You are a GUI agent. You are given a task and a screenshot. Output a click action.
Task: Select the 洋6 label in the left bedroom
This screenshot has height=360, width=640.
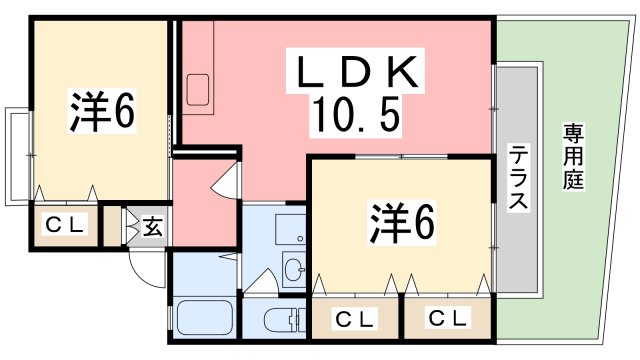pyautogui.click(x=101, y=112)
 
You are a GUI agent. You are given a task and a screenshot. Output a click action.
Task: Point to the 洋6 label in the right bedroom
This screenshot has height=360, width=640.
pyautogui.click(x=403, y=222)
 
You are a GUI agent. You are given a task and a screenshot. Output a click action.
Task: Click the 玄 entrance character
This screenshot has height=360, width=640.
pyautogui.click(x=152, y=227)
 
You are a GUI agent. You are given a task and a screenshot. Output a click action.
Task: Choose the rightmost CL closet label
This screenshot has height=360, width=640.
pyautogui.click(x=447, y=319)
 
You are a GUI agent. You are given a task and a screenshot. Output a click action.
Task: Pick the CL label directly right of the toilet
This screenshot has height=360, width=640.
pyautogui.click(x=354, y=319)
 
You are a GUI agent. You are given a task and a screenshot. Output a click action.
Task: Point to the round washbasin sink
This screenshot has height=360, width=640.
pyautogui.click(x=293, y=267)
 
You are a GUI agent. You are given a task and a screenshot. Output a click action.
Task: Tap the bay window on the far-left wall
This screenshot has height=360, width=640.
pyautogui.click(x=18, y=155)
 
